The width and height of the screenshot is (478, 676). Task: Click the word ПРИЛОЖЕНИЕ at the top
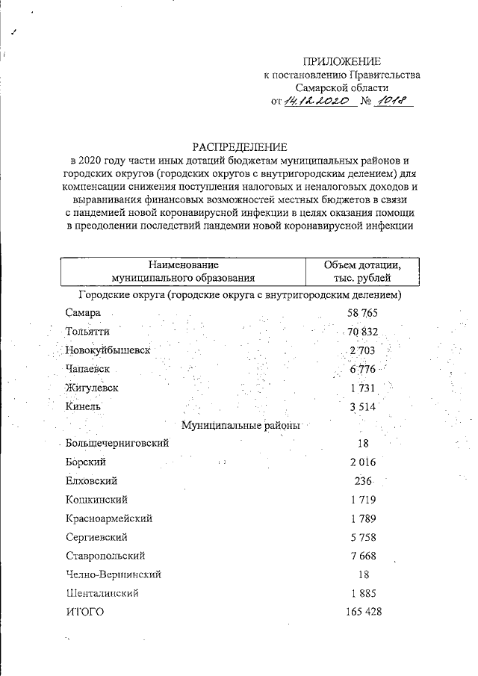[x=342, y=61]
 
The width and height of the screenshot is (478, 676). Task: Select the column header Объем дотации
[x=363, y=265]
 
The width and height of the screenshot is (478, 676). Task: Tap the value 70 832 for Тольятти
[x=364, y=332]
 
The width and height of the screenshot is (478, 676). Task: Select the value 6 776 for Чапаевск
[x=364, y=370]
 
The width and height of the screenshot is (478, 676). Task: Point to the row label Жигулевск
[x=92, y=388]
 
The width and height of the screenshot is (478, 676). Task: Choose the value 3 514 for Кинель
[x=364, y=407]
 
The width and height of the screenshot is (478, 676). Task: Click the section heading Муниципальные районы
[x=241, y=426]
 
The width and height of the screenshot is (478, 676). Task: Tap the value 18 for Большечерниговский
[x=363, y=444]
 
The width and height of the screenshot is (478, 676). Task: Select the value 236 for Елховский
[x=363, y=481]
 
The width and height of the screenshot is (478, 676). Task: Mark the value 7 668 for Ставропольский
[x=363, y=556]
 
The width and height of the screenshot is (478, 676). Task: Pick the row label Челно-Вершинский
[x=113, y=575]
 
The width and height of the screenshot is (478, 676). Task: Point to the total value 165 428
[x=364, y=613]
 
